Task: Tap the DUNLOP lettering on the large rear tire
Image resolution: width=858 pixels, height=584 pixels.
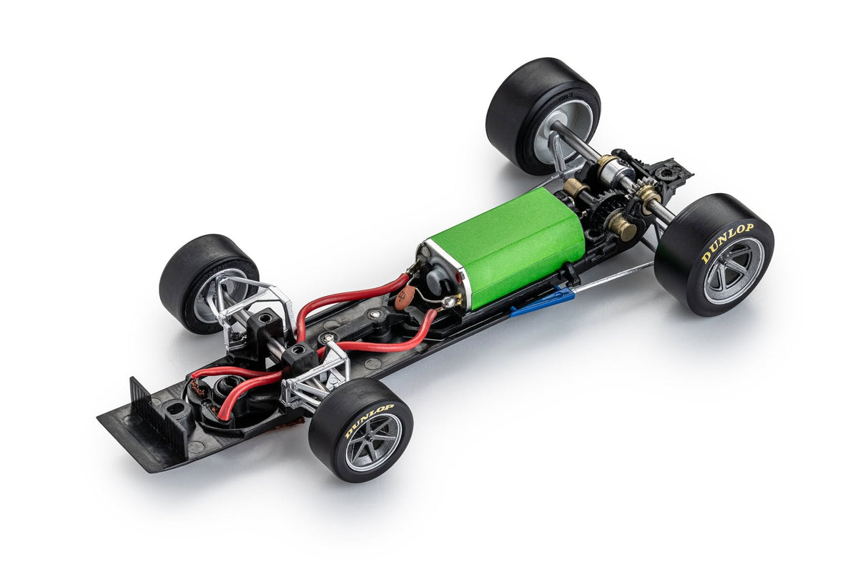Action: click(727, 243)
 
